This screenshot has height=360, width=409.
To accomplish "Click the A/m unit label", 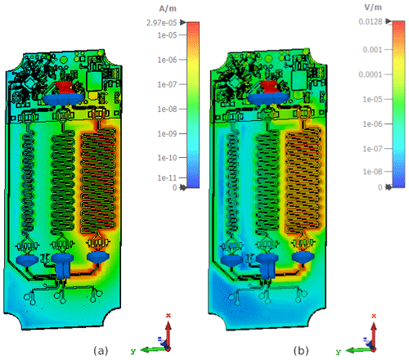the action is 168,9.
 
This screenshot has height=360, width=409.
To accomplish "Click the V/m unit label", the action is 373,7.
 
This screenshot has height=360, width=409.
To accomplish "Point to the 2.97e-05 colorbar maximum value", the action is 162,23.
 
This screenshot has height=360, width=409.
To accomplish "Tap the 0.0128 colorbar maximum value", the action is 371,21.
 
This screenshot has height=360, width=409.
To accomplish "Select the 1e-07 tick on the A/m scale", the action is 167,84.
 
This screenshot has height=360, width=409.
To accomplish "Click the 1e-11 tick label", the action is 167,178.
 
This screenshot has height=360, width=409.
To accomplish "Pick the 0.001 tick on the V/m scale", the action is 372,50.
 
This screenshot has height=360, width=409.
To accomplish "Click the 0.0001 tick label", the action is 371,74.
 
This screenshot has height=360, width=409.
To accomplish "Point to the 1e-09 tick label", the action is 167,133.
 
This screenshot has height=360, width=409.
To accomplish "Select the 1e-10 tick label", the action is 167,158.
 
